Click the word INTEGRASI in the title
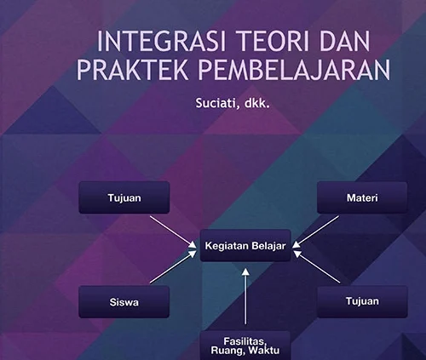pos(161,42)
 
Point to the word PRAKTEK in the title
pos(132,70)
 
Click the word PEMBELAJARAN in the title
pos(294,70)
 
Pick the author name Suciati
pos(216,103)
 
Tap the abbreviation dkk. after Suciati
pos(256,103)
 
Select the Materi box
pos(362,197)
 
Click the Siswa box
pos(124,302)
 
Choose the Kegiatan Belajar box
pos(245,246)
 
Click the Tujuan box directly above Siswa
pos(124,197)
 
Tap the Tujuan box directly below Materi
pos(362,301)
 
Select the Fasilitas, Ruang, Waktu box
pos(245,346)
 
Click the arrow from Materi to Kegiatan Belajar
pos(315,232)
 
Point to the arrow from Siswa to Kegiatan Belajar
pos(173,266)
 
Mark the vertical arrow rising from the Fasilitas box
pos(246,296)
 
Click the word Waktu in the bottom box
pos(264,351)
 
